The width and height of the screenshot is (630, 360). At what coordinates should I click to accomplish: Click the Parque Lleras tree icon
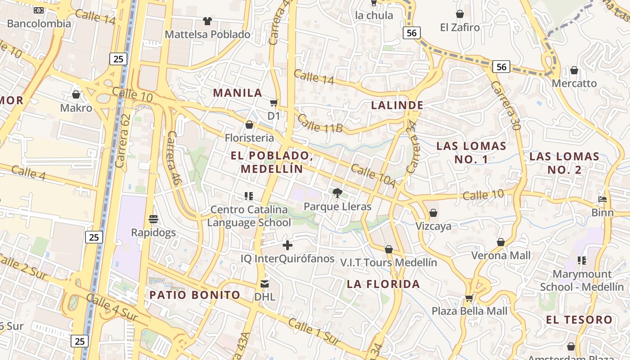pos(337,193)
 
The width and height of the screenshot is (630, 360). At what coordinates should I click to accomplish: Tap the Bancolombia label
pos(39,23)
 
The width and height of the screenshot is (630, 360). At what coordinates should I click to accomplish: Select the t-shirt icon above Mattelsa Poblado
pos(207,21)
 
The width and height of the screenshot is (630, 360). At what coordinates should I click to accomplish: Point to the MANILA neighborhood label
pos(237,93)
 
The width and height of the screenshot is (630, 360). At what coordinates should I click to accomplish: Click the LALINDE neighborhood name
pos(397,105)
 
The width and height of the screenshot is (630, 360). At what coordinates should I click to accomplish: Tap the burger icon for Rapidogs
pos(153,219)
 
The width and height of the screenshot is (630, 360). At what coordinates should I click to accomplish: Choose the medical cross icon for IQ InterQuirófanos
pos(288,245)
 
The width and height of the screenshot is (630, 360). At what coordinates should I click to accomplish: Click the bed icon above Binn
pos(603,199)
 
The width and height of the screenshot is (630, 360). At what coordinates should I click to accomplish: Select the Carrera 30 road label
pos(506,105)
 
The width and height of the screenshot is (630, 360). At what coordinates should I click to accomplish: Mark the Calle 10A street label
pos(373,176)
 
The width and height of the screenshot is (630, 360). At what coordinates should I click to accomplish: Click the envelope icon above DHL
pos(265,284)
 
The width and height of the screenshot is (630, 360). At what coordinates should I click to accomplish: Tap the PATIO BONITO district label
pos(195,295)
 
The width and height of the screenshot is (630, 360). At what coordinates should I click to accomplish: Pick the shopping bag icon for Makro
pos(76,94)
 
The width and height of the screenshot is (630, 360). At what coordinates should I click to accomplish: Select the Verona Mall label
pos(501,256)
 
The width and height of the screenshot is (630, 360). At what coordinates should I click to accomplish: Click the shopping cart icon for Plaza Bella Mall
pos(469,297)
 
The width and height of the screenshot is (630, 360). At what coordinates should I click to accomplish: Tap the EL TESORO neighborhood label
pos(579,320)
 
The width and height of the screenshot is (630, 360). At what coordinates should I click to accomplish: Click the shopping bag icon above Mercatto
pos(574,70)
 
